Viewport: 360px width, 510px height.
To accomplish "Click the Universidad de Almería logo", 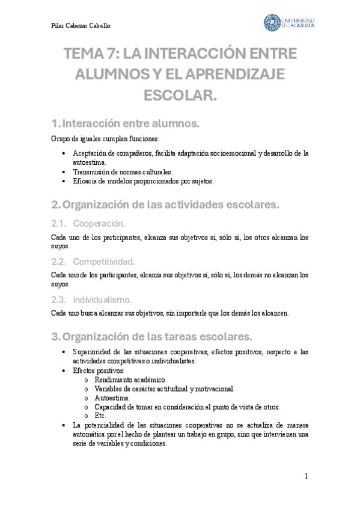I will coord(289,23).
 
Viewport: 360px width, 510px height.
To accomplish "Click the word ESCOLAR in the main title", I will coord(180,94).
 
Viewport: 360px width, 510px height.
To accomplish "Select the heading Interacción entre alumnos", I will coord(131,123).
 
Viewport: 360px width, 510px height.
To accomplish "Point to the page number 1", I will coord(306,476).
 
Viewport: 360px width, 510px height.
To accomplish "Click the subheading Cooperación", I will coord(100,224).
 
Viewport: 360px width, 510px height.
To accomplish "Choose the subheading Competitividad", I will coord(104,262).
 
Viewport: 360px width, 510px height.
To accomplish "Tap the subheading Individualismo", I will coord(102,300).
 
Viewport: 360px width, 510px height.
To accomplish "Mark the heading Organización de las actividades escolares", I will coord(171,205).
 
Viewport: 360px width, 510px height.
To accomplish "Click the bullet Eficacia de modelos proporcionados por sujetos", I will coord(142,180).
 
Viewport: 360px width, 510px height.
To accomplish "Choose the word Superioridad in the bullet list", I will coord(91,352).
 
